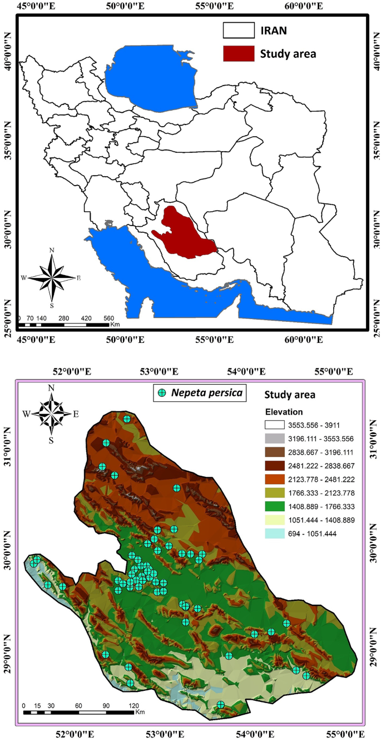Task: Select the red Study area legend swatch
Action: tap(238, 53)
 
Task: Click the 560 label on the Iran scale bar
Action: tap(108, 318)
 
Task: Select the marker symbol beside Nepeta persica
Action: tap(162, 393)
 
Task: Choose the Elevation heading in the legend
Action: tap(284, 412)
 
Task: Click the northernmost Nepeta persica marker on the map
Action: tap(127, 419)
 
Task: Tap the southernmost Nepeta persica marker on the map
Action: tap(221, 704)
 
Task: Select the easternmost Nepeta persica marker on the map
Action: tap(306, 676)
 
